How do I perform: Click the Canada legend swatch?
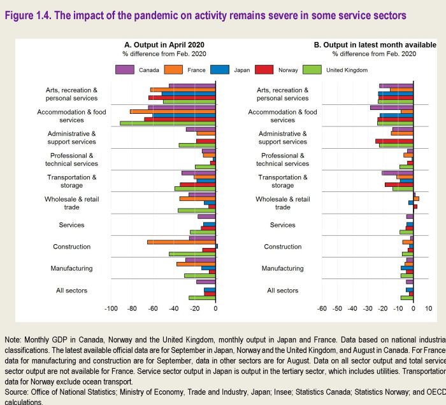(125, 69)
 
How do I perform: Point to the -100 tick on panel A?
(111, 308)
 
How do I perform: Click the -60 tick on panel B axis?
(322, 308)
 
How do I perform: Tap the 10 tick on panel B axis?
(428, 308)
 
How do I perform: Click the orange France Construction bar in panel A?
(181, 242)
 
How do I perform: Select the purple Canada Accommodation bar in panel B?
(391, 107)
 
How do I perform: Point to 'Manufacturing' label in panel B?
(282, 268)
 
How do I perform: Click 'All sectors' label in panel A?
(71, 291)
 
